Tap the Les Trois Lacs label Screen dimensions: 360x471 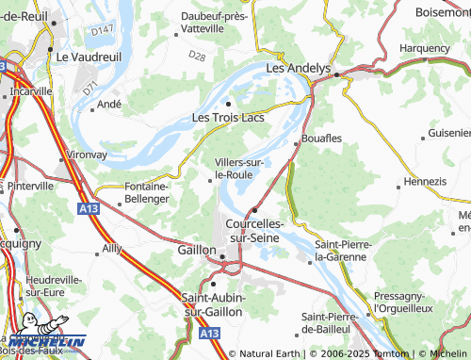227,118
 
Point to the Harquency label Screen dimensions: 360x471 425,47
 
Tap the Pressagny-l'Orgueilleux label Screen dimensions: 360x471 415,302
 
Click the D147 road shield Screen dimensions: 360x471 103,31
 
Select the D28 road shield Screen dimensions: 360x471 196,57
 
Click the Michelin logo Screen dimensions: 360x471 47,341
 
